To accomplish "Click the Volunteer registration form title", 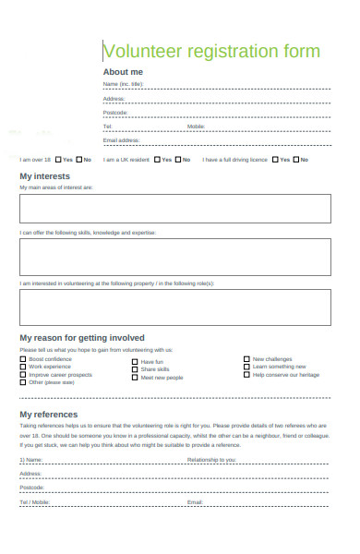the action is click(211, 52).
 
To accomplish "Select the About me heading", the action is click(123, 72).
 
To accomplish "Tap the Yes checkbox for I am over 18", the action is click(58, 160).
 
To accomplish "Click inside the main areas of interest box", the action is click(174, 208).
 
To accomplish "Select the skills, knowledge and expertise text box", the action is click(174, 258).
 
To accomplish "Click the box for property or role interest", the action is click(174, 307).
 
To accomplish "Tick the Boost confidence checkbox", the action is click(23, 359).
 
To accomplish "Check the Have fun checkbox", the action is click(136, 362).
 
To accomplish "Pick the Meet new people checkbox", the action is click(136, 378).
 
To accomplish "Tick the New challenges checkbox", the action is click(246, 359).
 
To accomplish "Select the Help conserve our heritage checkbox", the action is click(246, 375).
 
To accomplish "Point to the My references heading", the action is click(49, 415).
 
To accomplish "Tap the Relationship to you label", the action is click(211, 459).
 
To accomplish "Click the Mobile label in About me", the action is click(197, 126).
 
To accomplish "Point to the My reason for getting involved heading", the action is click(82, 338).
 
